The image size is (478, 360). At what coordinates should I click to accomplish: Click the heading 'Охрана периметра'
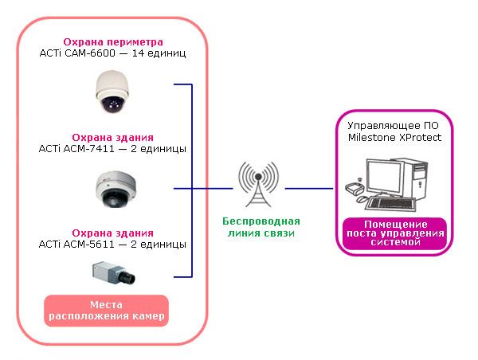point(113,41)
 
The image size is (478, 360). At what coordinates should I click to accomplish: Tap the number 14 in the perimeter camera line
point(138,53)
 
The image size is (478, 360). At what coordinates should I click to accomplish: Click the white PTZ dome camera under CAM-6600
point(112,92)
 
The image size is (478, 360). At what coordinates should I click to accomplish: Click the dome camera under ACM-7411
point(116,190)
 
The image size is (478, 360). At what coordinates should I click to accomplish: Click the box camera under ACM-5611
point(114,272)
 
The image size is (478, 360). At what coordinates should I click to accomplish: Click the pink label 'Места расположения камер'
point(107,311)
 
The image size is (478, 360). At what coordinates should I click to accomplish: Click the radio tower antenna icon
point(258,184)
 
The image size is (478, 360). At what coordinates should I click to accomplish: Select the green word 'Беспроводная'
point(261,221)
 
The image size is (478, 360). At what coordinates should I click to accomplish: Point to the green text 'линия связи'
point(261,233)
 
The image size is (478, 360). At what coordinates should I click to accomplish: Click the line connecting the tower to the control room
point(309,189)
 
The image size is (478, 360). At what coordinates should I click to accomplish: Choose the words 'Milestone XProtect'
point(394,137)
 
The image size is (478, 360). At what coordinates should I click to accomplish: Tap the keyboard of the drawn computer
point(391,204)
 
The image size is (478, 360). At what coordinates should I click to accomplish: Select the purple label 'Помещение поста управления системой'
point(395,233)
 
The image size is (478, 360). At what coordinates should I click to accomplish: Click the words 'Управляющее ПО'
point(393,125)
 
